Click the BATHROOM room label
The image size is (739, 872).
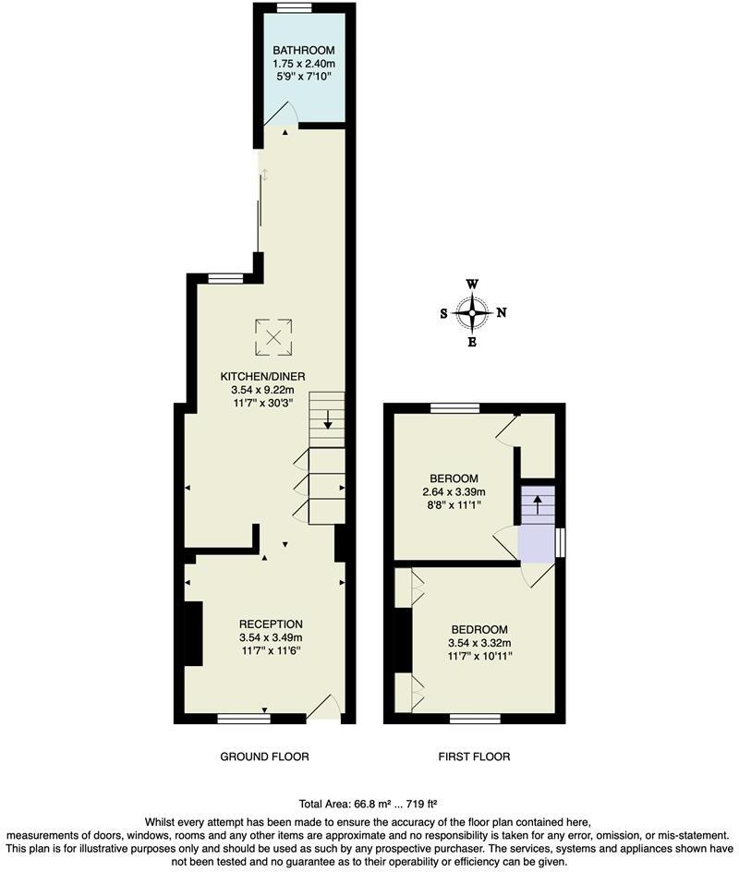point(303,50)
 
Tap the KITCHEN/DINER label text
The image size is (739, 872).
point(262,376)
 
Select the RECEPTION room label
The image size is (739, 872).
point(271,624)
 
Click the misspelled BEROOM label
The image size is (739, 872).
point(454,478)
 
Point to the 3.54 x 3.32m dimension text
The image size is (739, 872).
point(479,643)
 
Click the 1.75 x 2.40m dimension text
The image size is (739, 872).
point(303,63)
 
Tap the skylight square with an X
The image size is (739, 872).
point(273,337)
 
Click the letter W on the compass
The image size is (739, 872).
point(472,285)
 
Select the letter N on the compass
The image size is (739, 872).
point(502,313)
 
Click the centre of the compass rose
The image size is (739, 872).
point(472,313)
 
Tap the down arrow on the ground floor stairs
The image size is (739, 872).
point(328,424)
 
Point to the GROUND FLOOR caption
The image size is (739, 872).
point(264,757)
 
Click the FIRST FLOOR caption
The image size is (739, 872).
point(474,757)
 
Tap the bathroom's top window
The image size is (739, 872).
point(294,7)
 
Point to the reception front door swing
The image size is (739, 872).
point(325,707)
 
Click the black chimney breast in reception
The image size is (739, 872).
point(193,634)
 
